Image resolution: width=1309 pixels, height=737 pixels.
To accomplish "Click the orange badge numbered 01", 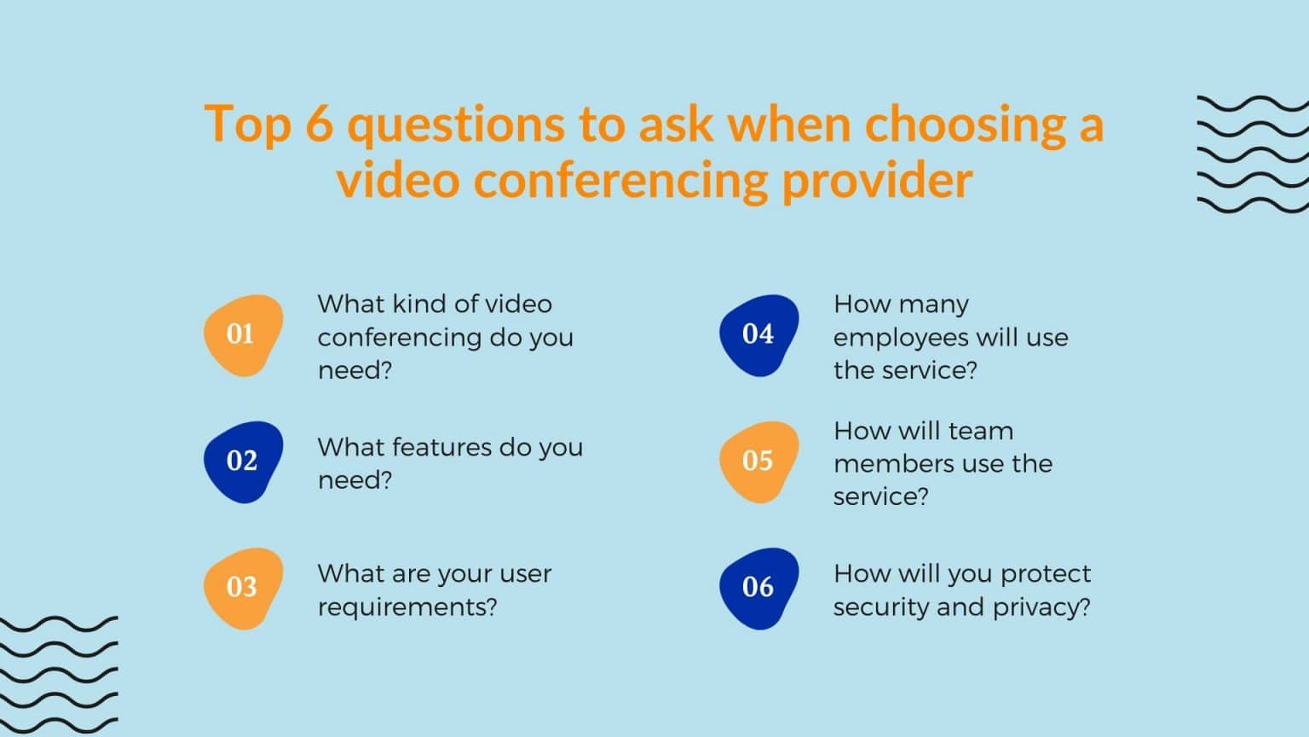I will click(243, 334).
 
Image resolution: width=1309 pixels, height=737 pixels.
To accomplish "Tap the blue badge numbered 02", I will click(243, 461).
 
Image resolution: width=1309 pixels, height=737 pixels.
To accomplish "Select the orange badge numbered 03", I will click(243, 588).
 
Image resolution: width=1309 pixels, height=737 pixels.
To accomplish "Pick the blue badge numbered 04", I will click(758, 334).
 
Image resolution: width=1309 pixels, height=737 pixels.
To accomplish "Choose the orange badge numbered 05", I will click(758, 461).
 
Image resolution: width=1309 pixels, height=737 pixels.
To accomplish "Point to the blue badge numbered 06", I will click(758, 588).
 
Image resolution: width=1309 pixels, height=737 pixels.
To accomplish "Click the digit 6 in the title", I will click(318, 125).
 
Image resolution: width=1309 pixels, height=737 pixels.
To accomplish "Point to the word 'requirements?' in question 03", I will click(407, 607).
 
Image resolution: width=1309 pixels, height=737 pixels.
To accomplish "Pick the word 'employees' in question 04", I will click(901, 338).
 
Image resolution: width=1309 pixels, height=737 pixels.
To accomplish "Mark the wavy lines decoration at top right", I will click(1253, 154).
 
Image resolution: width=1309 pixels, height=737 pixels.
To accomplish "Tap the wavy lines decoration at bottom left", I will click(58, 674).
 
